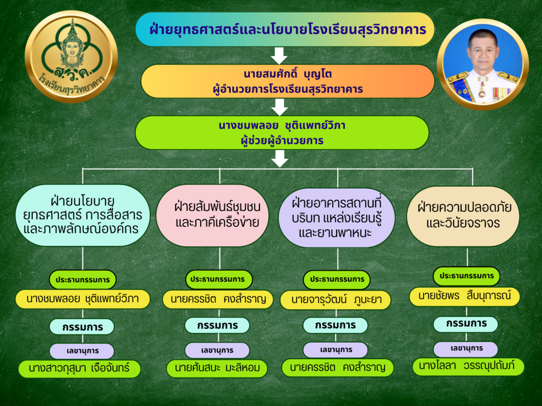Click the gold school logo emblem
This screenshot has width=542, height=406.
click(71, 57)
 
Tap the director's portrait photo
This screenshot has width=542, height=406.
click(483, 64)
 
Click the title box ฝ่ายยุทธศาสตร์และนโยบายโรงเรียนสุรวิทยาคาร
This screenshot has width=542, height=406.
click(285, 30)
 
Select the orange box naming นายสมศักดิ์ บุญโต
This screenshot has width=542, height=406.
click(287, 81)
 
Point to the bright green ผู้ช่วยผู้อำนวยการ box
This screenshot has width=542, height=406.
click(282, 133)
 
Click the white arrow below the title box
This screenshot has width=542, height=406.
click(279, 56)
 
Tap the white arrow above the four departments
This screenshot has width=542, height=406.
click(279, 159)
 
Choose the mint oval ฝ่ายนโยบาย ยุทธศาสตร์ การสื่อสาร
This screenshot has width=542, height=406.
click(83, 215)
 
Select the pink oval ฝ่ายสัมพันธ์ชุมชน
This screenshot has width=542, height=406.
click(217, 215)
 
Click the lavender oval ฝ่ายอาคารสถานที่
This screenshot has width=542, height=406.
click(337, 217)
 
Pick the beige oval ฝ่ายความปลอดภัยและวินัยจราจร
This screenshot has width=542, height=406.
click(463, 216)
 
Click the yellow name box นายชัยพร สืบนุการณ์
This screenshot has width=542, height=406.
click(465, 296)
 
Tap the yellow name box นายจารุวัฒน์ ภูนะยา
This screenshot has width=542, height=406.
click(336, 300)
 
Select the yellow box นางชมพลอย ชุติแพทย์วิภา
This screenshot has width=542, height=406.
click(83, 299)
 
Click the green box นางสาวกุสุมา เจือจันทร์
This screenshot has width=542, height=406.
click(79, 368)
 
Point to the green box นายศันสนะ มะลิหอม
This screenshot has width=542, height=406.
click(217, 368)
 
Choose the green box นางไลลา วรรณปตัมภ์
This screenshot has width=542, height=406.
click(468, 366)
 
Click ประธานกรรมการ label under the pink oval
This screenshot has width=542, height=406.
click(219, 279)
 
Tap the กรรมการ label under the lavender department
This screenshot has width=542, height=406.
click(335, 325)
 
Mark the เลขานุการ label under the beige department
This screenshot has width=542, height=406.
click(466, 349)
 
